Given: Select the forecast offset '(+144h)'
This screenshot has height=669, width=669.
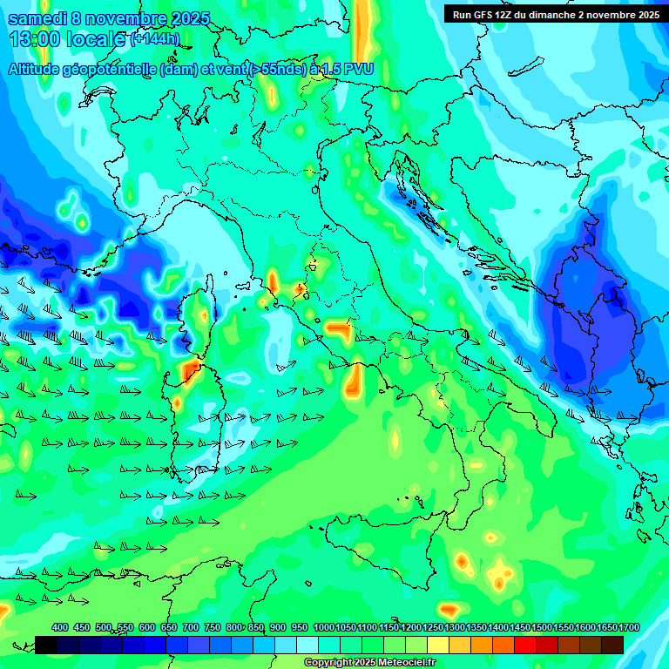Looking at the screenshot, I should pos(155,39).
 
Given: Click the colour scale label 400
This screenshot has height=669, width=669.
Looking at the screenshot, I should pos(60,627).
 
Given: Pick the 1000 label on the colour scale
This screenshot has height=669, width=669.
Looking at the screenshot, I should pos(323,627).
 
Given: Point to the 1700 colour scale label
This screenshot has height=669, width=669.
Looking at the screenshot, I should pos(629,627).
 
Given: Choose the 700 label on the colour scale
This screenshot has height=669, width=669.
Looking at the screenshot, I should pos(191,627).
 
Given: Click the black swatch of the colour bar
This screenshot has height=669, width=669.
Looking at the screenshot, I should pos(46,645).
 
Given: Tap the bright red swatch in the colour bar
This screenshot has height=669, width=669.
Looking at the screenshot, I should pos(525,645).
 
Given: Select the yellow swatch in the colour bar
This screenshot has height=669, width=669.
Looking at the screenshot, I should pos(438,645).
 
